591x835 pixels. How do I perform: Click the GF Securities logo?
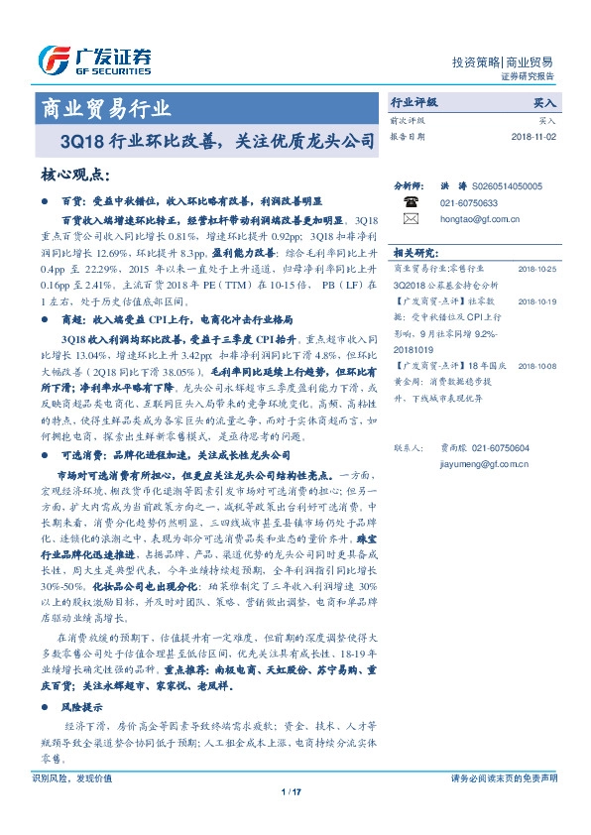point(94,60)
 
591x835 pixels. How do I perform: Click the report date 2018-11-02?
point(533,136)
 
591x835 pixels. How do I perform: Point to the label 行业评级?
point(415,102)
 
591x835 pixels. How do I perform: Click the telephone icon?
point(410,202)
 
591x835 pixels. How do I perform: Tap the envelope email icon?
point(410,218)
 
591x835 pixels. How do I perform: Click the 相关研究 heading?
point(416,253)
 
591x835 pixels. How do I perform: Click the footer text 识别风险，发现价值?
point(72,777)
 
